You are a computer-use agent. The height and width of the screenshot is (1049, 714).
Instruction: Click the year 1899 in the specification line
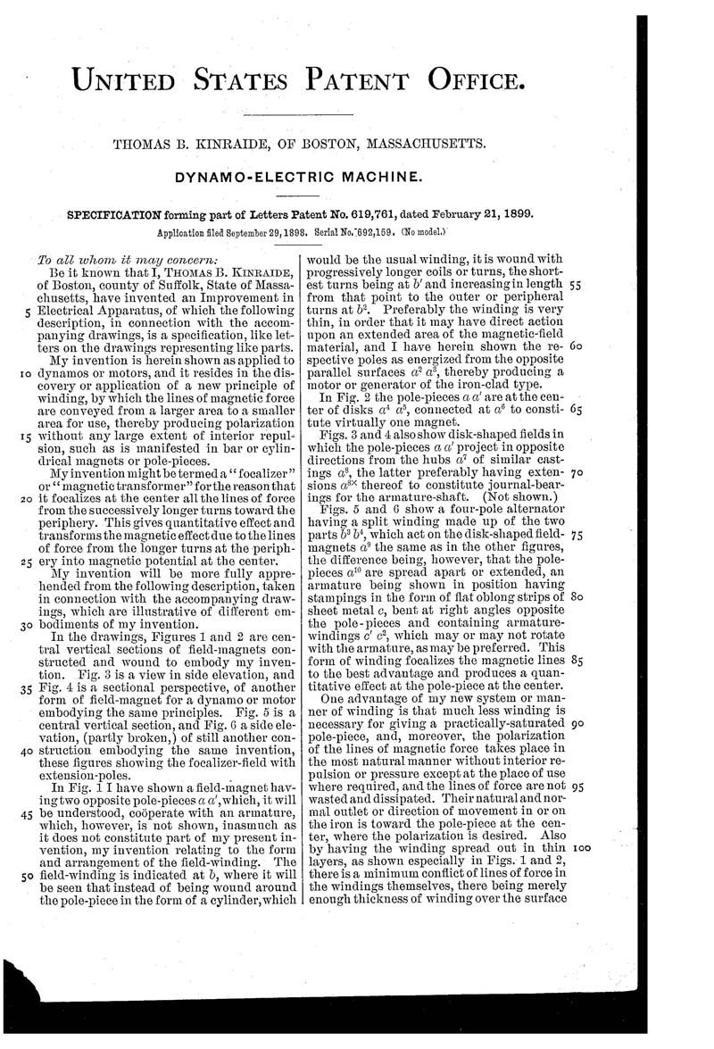518,213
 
